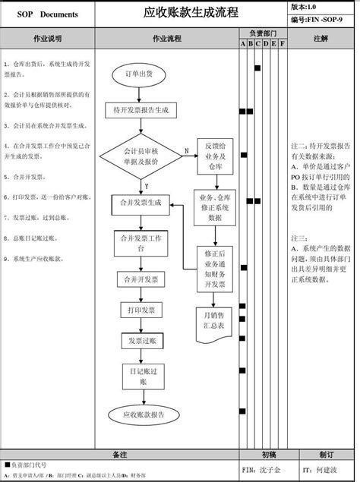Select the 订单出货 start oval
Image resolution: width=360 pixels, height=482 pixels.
click(x=140, y=74)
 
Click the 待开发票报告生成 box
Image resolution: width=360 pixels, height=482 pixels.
click(x=141, y=110)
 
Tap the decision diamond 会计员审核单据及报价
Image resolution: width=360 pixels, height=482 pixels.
click(x=141, y=156)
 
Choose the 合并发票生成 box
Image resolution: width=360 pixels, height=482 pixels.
click(x=141, y=203)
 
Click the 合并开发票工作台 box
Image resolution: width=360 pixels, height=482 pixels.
click(x=141, y=243)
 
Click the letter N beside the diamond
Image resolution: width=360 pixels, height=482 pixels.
click(x=186, y=151)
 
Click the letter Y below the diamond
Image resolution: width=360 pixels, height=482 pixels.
click(x=146, y=186)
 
